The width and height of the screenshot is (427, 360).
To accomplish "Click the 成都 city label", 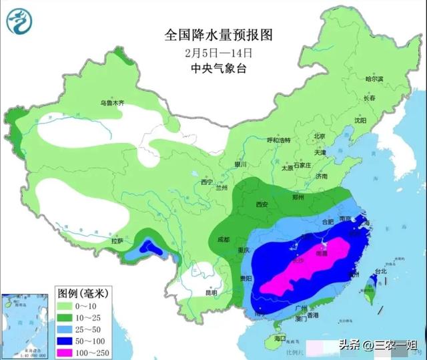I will pyautogui.click(x=222, y=239).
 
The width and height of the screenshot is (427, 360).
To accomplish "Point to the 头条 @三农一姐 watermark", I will pyautogui.click(x=377, y=345).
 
